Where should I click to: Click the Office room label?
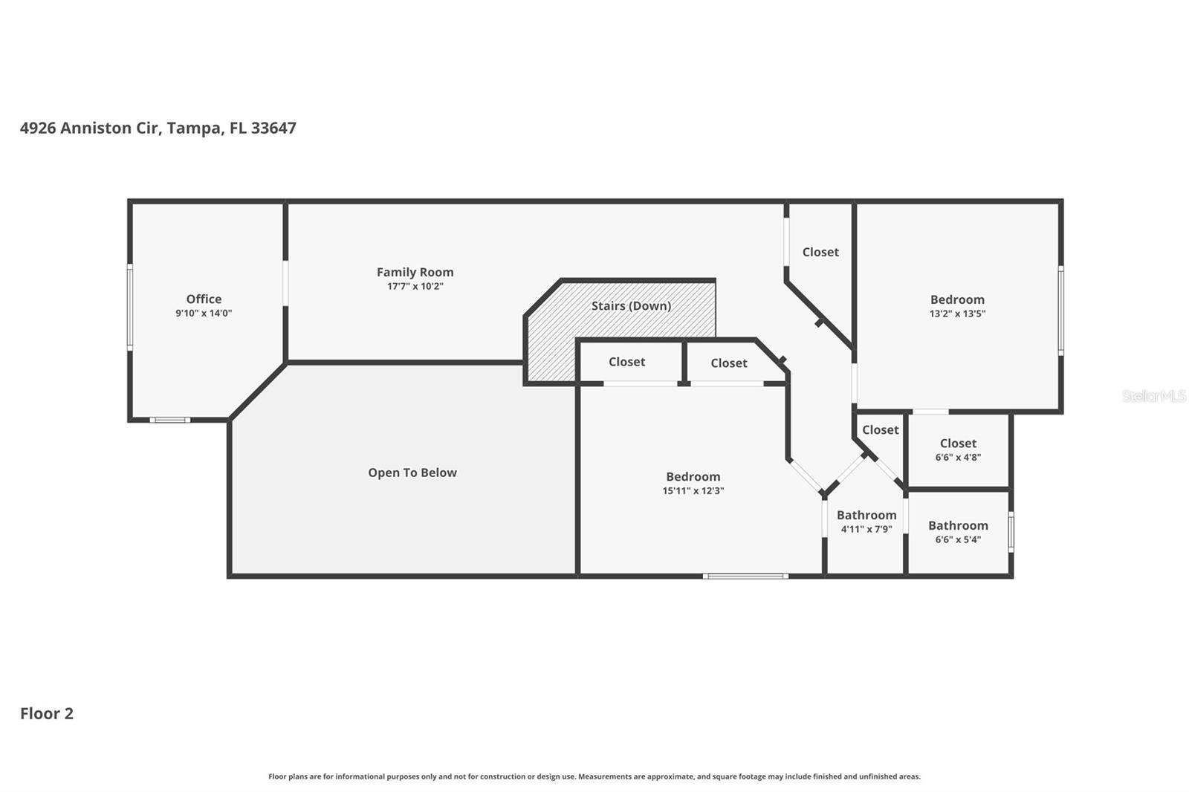(204, 299)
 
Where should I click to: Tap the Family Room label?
(415, 272)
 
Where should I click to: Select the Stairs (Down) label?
(631, 305)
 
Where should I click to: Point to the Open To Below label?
(412, 473)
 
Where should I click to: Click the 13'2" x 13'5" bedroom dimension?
(957, 314)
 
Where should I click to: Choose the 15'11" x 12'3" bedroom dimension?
(693, 490)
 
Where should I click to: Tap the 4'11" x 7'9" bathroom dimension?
(866, 529)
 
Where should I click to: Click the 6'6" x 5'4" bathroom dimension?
(958, 539)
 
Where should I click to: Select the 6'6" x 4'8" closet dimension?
(958, 457)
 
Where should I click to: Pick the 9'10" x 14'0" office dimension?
(204, 313)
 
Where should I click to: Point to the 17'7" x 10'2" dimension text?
(415, 286)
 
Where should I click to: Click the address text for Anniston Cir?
(158, 128)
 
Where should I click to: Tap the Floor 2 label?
(47, 713)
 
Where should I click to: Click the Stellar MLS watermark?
(1153, 396)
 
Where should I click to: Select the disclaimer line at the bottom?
(594, 776)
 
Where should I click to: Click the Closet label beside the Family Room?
(820, 252)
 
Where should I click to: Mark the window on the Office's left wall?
(130, 308)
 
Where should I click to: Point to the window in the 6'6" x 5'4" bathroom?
(1011, 532)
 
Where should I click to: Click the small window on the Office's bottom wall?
(169, 421)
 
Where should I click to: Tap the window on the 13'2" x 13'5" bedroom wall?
(1060, 311)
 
